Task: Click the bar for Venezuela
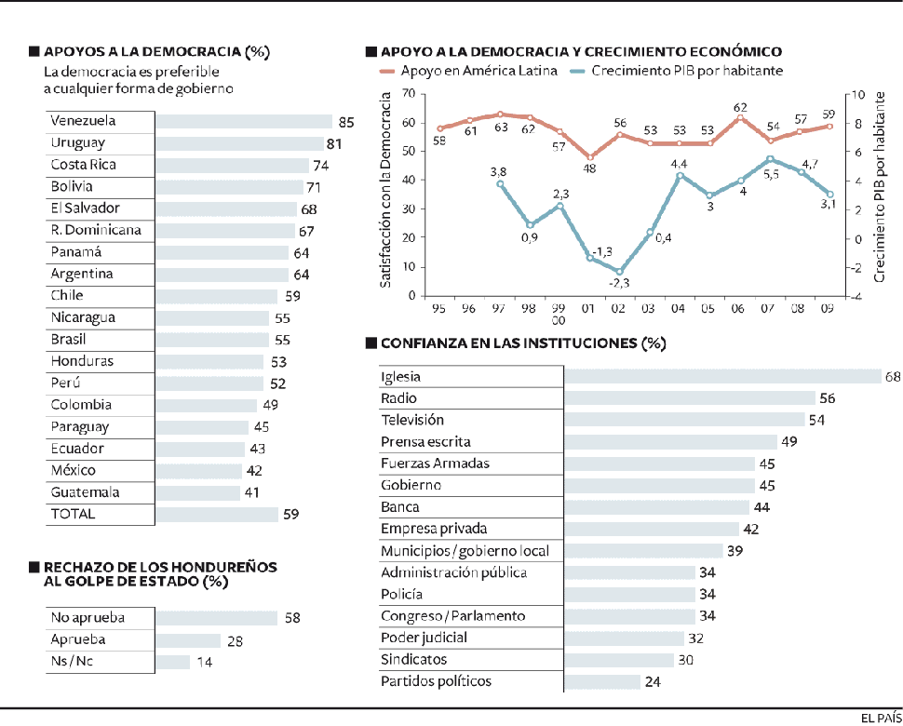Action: coord(243,121)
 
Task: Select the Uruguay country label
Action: coord(77,143)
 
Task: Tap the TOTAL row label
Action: coord(74,514)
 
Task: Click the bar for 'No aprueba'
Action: coord(216,618)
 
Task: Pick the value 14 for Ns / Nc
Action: coord(204,662)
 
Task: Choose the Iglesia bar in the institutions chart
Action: coord(722,377)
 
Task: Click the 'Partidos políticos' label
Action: coord(436,681)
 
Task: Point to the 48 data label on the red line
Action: coord(589,168)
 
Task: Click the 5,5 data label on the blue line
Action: coord(771,174)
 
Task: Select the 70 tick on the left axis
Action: coord(407,94)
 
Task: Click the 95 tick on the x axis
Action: coord(437,308)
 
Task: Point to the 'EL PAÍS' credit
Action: coord(879,716)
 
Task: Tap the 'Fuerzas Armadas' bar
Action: coord(659,464)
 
